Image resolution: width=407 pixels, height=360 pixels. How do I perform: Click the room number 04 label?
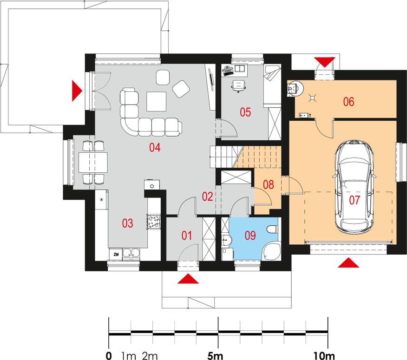point(155,147)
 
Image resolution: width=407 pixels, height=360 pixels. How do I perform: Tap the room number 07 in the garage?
point(354,200)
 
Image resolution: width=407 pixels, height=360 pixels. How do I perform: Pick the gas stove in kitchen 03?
point(154,222)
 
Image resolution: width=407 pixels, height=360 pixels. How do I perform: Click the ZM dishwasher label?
point(116,255)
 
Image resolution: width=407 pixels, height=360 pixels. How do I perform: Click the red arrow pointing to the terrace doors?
point(77,91)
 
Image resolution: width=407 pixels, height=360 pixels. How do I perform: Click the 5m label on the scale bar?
point(215,356)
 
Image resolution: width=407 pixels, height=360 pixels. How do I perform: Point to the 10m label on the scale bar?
point(324,356)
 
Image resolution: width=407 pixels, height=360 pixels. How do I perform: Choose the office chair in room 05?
point(238,85)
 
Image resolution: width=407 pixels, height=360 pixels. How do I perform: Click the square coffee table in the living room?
point(156,101)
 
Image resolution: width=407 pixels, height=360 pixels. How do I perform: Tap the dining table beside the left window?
point(93,163)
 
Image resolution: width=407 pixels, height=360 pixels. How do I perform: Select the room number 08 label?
point(269,184)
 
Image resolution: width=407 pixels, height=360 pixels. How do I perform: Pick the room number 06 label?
point(348,102)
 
